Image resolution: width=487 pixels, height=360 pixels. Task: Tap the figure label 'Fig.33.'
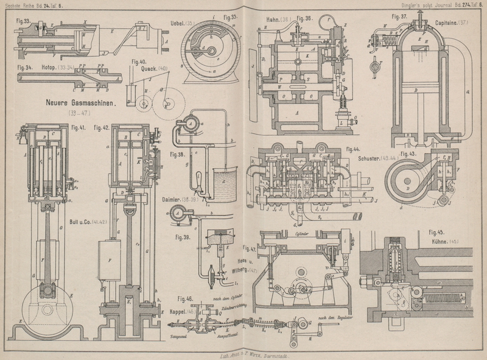click(24, 21)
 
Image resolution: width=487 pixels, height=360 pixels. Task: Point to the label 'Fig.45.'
click(437, 232)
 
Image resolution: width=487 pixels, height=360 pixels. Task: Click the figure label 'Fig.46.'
click(185, 299)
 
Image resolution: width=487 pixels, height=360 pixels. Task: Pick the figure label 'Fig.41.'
click(77, 127)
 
